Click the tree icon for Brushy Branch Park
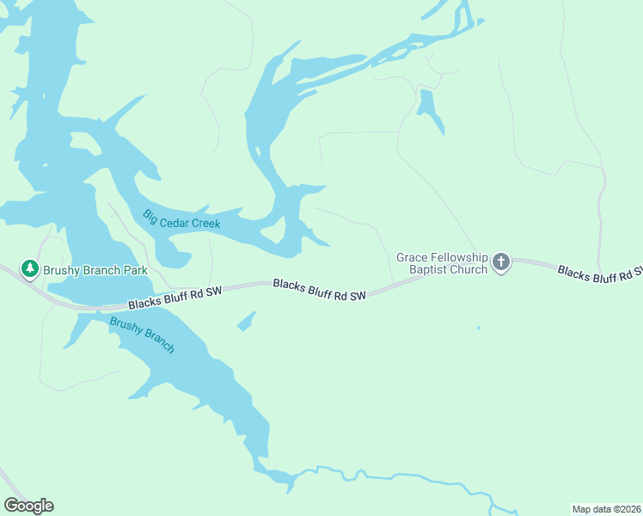point(30,269)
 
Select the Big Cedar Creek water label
point(181,219)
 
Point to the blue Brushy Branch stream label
point(142,335)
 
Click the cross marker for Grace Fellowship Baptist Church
point(501,262)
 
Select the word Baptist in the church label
point(428,269)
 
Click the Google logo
point(28,506)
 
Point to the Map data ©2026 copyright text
point(605,508)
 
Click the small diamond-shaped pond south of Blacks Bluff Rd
point(247,321)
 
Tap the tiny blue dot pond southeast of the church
point(478,328)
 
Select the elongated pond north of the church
point(429,110)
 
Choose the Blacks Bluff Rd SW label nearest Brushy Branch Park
point(175,298)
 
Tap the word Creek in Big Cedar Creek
point(205,223)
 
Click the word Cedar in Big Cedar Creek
point(175,218)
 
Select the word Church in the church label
point(468,269)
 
